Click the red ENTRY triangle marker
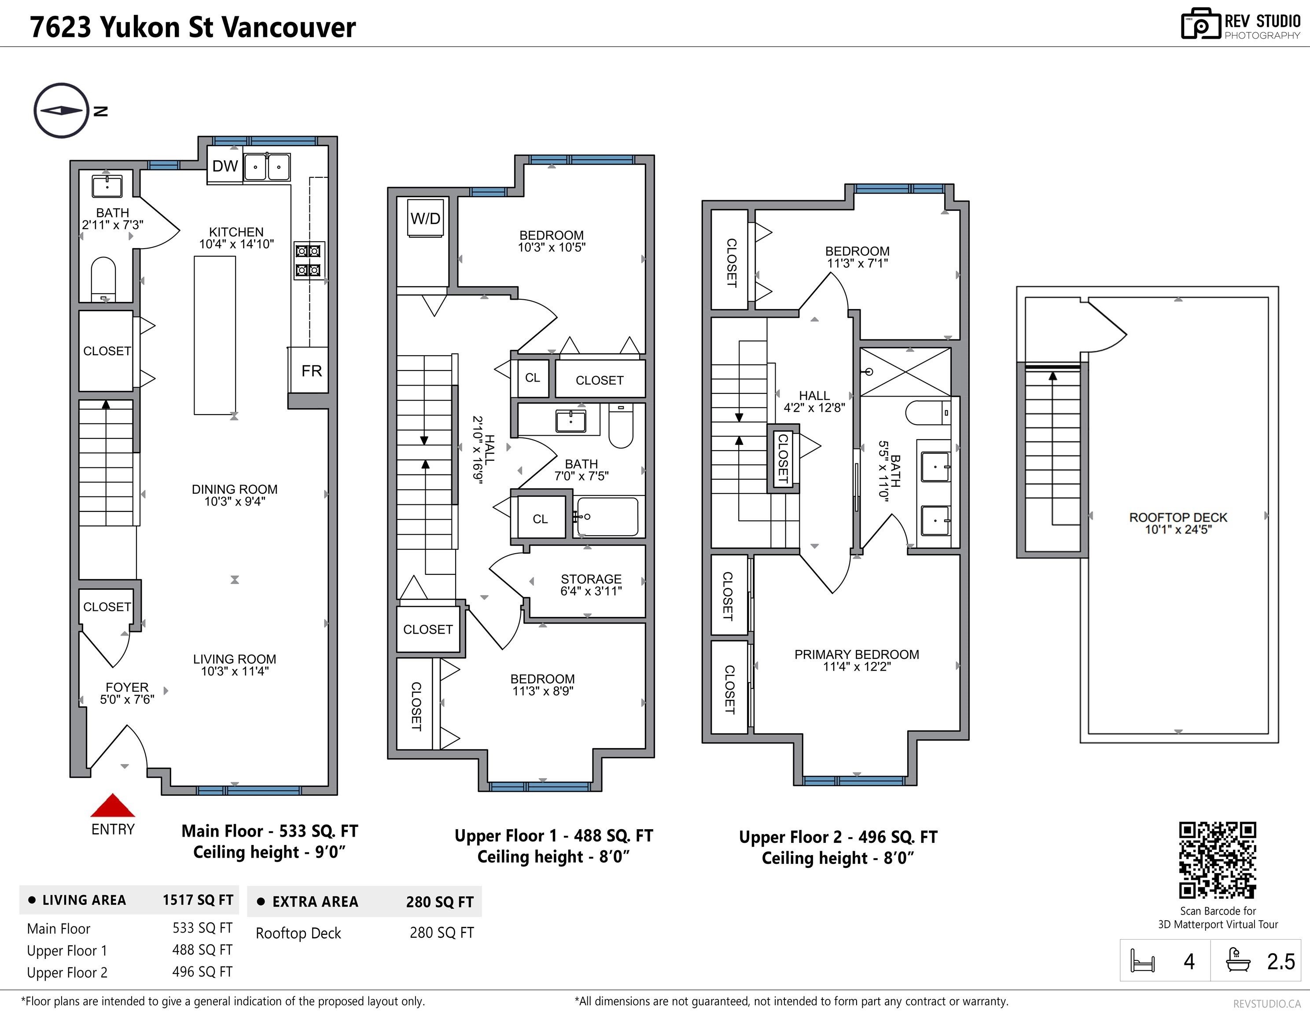coord(113,807)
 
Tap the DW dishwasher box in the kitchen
coord(225,166)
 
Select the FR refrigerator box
coord(311,371)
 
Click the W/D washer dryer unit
coord(425,219)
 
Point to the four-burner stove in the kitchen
coord(309,260)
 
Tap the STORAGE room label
coord(591,579)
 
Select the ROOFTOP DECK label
coord(1178,518)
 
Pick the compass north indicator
coord(61,110)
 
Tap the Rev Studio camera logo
coord(1200,25)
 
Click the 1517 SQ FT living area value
coord(197,900)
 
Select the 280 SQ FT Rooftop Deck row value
coord(442,933)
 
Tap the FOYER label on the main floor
coord(127,687)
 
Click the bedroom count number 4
coord(1189,962)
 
